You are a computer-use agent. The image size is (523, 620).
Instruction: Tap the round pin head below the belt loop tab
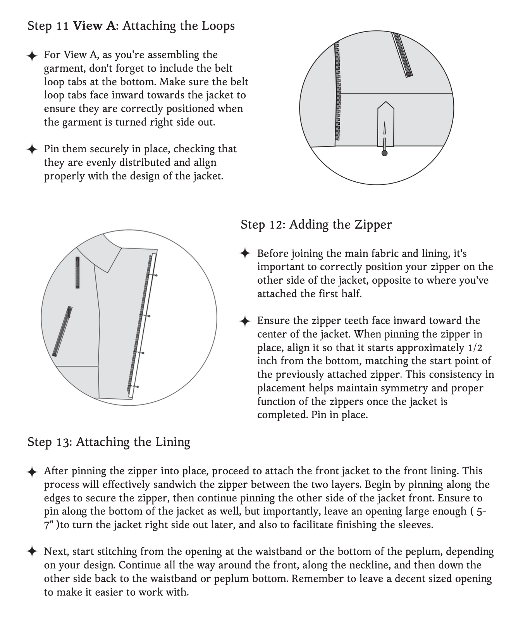(x=384, y=153)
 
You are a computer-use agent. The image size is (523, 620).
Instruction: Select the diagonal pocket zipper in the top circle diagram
(x=403, y=55)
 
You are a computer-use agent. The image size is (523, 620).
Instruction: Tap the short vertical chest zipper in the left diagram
(x=77, y=272)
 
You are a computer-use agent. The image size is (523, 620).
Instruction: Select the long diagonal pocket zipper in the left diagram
(x=62, y=331)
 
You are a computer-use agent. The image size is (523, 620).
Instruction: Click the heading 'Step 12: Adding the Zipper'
(x=316, y=224)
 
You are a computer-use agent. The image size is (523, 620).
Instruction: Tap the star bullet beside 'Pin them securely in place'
(x=32, y=149)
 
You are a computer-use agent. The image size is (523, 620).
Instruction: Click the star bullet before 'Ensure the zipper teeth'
(x=245, y=321)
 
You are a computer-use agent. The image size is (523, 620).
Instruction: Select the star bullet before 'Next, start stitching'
(x=32, y=551)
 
